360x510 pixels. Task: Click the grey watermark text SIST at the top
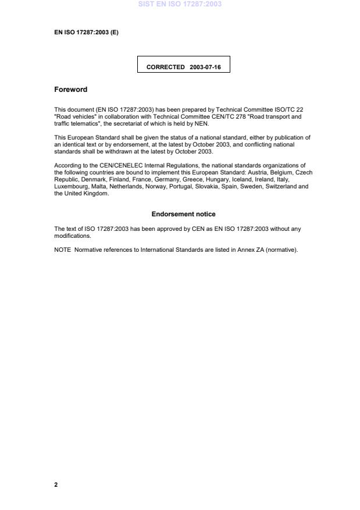coord(147,4)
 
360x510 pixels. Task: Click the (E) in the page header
coord(114,33)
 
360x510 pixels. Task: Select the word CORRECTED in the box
coord(166,67)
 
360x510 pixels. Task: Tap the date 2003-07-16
coord(205,67)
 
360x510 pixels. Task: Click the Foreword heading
coord(70,90)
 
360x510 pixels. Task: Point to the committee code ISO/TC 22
coord(288,109)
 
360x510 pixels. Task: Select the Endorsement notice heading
coord(183,214)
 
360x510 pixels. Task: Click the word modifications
coord(72,236)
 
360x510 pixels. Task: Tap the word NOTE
coord(62,250)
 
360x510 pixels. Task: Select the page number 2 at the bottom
coord(56,484)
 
